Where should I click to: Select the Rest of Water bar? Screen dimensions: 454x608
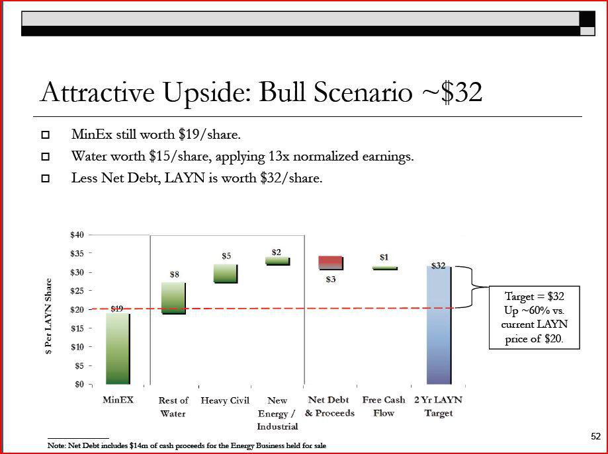(173, 298)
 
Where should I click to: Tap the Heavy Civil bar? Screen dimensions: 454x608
(225, 274)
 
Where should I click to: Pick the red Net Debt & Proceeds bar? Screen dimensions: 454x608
(331, 262)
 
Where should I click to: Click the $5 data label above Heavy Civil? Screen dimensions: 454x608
(226, 255)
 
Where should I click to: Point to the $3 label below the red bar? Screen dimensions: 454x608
(331, 279)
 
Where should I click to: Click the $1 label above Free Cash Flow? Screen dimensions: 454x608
(384, 257)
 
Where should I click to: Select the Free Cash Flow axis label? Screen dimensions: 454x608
(384, 406)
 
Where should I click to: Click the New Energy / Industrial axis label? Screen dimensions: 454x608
(277, 413)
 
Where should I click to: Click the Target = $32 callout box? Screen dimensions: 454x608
(535, 317)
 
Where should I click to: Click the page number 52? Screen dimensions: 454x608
(595, 436)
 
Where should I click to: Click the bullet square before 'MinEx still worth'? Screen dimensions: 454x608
(46, 135)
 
